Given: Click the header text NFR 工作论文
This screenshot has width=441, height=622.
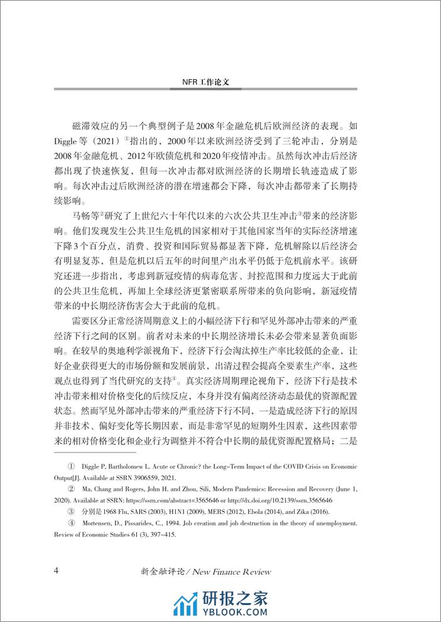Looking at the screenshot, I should (x=220, y=82).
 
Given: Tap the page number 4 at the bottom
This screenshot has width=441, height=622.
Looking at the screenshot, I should (x=57, y=571).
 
